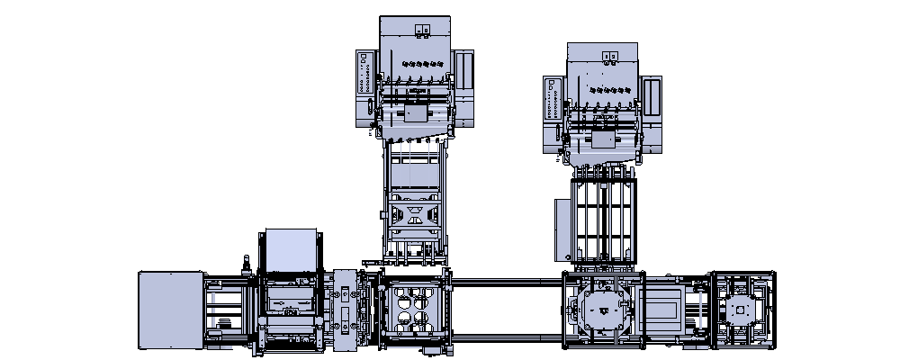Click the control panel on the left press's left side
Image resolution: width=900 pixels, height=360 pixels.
(364, 72)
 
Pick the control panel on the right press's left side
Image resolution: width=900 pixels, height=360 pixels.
(553, 98)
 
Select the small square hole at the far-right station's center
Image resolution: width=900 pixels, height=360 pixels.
(741, 310)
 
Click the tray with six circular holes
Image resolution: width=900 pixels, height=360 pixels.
(412, 310)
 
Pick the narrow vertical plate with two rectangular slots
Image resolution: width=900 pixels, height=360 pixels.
(345, 308)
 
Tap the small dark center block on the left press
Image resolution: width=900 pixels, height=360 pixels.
(415, 114)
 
